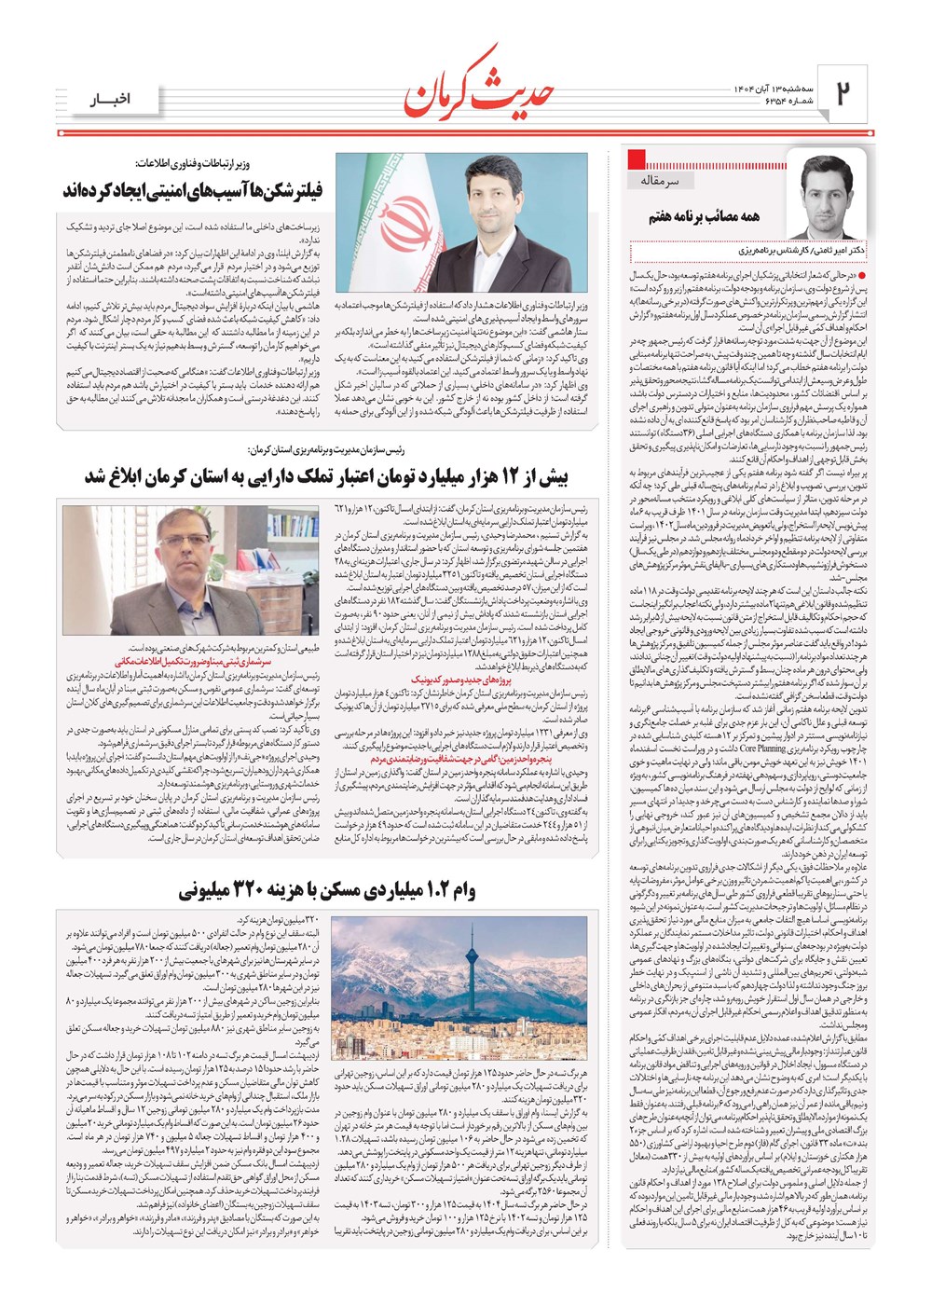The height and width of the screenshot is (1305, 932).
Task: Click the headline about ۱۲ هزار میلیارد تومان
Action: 326,477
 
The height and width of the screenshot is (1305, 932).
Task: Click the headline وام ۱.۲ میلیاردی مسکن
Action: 326,890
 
